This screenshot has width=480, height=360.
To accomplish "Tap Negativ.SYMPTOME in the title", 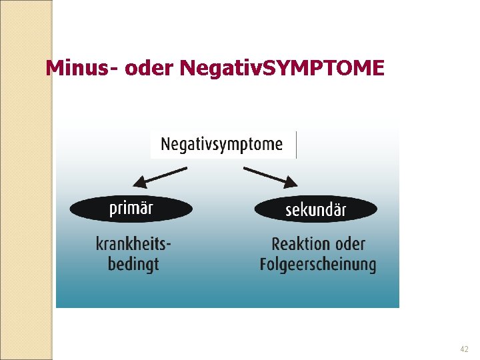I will pyautogui.click(x=282, y=68).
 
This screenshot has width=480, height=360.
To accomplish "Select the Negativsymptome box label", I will pyautogui.click(x=221, y=144).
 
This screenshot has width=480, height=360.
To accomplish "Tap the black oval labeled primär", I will pyautogui.click(x=131, y=209).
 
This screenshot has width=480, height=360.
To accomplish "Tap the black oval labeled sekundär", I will pyautogui.click(x=315, y=210).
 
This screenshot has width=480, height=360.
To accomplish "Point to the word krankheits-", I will pyautogui.click(x=133, y=244).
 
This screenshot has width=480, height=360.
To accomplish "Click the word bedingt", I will pyautogui.click(x=133, y=264).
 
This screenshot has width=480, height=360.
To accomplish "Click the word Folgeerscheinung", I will pyautogui.click(x=318, y=265).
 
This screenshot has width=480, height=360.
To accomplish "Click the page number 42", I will pyautogui.click(x=464, y=349).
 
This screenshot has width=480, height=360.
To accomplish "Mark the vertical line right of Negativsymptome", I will pyautogui.click(x=296, y=145).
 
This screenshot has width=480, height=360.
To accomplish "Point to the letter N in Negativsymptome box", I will pyautogui.click(x=166, y=144).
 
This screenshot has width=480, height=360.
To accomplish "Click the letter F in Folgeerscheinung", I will pyautogui.click(x=264, y=264).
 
